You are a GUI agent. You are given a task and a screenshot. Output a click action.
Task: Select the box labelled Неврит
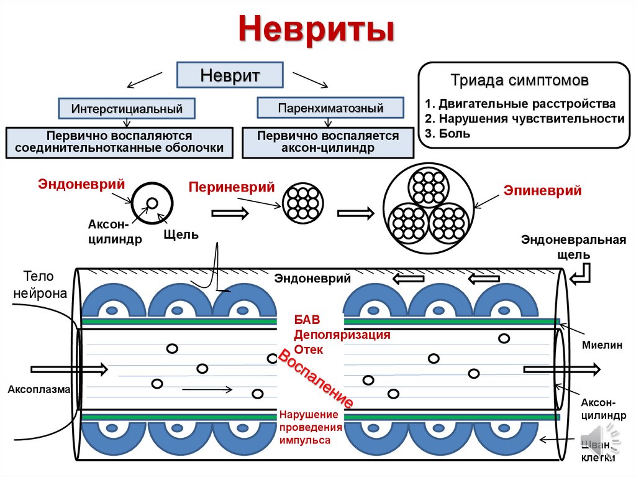(230, 76)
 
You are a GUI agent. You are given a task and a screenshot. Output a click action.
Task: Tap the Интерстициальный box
(127, 108)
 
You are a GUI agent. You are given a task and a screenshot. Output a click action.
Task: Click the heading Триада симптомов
(520, 81)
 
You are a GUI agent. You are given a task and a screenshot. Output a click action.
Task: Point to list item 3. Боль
(448, 133)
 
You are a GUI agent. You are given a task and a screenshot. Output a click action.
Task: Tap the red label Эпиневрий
(542, 191)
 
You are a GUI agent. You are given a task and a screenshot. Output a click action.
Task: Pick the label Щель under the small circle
(181, 234)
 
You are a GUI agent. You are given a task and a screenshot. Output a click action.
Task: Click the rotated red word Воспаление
(315, 377)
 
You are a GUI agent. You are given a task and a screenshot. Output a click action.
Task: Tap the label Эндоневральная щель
(573, 247)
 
